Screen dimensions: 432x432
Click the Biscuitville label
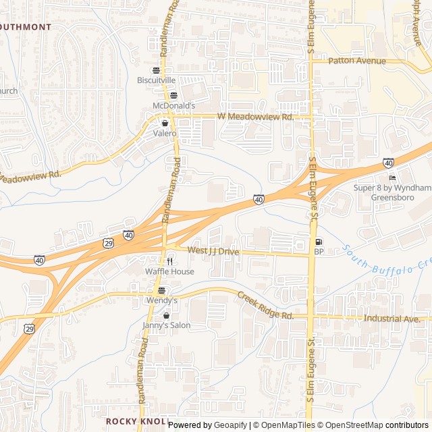[156, 80]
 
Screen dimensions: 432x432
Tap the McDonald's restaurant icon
[173, 95]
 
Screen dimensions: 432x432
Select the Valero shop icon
[165, 124]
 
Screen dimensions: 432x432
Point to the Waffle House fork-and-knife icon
[169, 261]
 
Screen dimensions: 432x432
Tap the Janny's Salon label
[166, 325]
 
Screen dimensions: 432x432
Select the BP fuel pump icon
[319, 242]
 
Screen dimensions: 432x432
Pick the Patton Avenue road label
[357, 61]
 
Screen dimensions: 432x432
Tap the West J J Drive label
[213, 251]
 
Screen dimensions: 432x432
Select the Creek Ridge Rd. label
[265, 306]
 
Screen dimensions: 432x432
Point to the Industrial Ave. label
[392, 318]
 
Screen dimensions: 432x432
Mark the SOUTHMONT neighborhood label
[26, 27]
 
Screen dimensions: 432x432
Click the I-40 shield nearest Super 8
[388, 163]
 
